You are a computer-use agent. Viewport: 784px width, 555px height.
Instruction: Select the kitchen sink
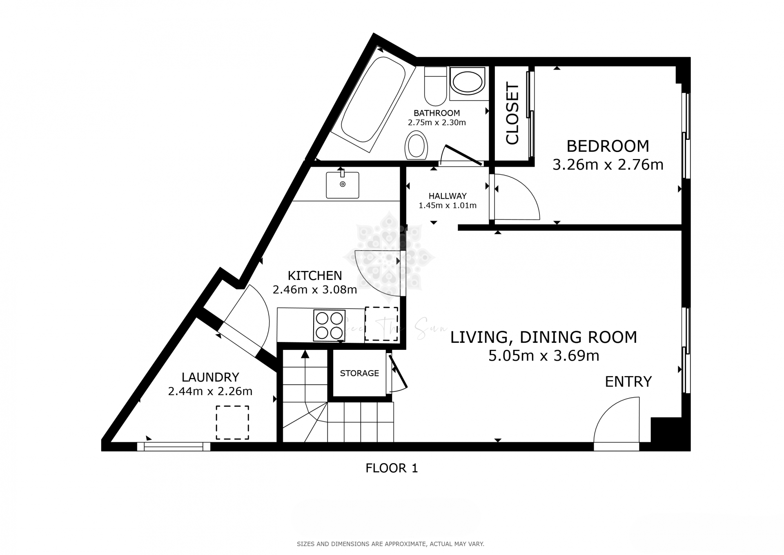[342, 185]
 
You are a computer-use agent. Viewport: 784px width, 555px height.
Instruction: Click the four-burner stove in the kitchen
[329, 326]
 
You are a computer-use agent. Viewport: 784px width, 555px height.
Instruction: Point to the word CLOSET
[512, 114]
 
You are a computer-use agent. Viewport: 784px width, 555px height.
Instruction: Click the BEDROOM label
[608, 146]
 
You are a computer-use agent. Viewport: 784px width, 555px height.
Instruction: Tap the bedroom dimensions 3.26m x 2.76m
[608, 165]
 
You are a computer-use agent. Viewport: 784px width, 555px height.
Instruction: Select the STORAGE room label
[359, 373]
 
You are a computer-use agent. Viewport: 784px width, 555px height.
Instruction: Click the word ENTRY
[628, 382]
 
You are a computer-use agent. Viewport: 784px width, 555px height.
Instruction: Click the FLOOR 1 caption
[392, 468]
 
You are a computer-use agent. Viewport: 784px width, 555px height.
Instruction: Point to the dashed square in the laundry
[232, 423]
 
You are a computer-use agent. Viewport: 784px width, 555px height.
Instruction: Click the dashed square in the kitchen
[381, 324]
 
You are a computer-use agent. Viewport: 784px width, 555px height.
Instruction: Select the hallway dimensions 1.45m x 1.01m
[448, 206]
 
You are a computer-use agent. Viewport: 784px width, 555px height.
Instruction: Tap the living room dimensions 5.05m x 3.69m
[543, 356]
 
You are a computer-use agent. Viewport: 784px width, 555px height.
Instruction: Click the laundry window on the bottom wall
[174, 447]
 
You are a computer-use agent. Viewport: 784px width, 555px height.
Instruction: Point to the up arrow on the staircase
[305, 355]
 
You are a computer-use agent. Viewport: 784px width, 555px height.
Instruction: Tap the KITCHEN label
[315, 275]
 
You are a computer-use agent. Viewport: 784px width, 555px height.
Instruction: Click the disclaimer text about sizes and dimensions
[390, 544]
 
